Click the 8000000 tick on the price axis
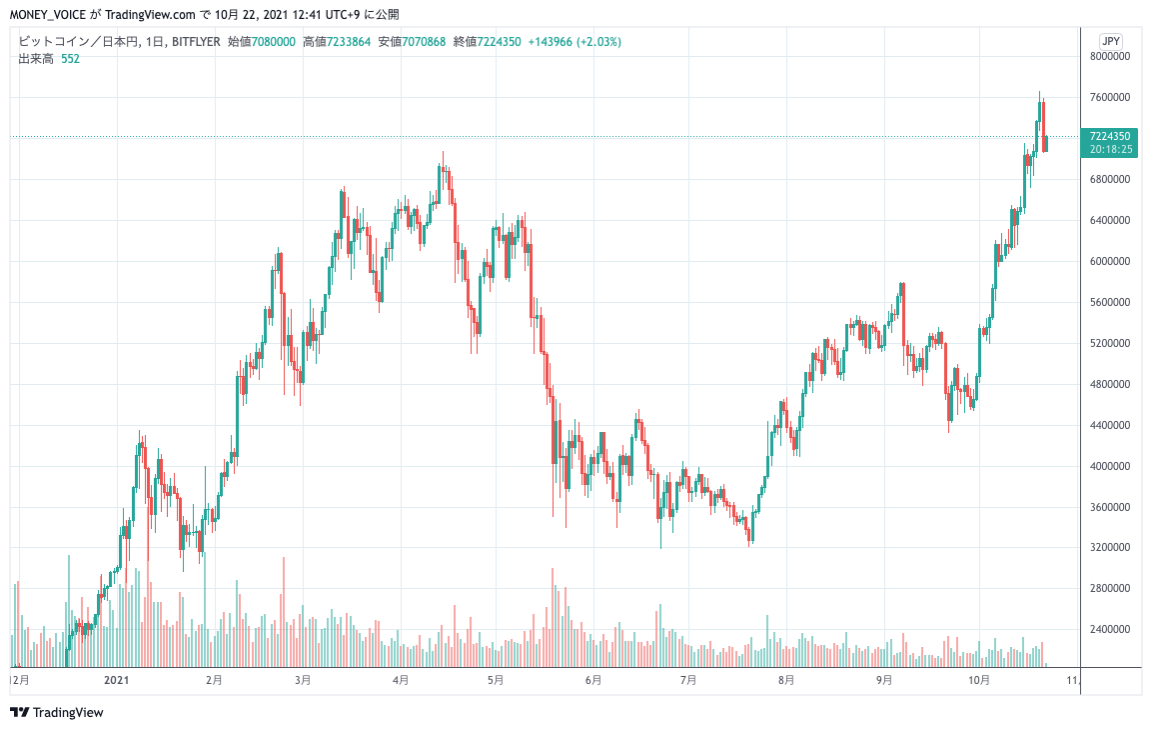pos(1109,57)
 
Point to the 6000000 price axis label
pos(1109,262)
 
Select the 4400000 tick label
pos(1109,426)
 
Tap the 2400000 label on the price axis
pos(1109,630)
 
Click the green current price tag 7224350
pos(1110,135)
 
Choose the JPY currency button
pos(1110,41)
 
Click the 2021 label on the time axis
pos(118,680)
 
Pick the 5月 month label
pos(496,680)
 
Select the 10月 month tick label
pos(979,680)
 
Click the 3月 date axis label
pos(303,680)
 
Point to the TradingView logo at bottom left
pos(57,713)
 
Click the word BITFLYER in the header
pos(196,42)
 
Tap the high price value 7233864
pos(349,42)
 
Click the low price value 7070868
pos(423,42)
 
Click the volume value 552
pos(70,59)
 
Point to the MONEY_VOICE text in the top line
pos(48,15)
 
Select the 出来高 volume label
pos(36,59)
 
